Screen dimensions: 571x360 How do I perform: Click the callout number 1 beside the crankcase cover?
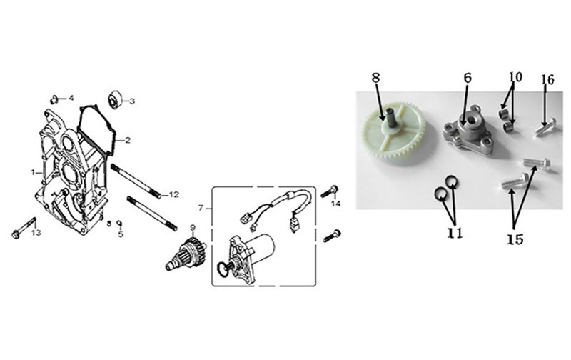pyautogui.click(x=33, y=172)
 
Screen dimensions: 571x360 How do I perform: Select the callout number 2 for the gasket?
pyautogui.click(x=128, y=140)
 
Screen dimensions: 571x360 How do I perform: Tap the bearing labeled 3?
pyautogui.click(x=116, y=99)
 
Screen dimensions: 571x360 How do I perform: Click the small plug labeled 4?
pyautogui.click(x=55, y=99)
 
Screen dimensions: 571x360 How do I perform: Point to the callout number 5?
pyautogui.click(x=121, y=234)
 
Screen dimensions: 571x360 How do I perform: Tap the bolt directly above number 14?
pyautogui.click(x=330, y=192)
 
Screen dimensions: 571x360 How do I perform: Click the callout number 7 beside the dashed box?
pyautogui.click(x=201, y=208)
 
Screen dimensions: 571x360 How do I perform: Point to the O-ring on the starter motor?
pyautogui.click(x=221, y=269)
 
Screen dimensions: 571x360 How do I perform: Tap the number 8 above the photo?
pyautogui.click(x=376, y=78)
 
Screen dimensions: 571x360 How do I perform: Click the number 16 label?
pyautogui.click(x=547, y=79)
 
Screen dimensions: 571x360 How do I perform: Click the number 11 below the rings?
pyautogui.click(x=455, y=232)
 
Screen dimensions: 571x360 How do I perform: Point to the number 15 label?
pyautogui.click(x=515, y=239)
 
